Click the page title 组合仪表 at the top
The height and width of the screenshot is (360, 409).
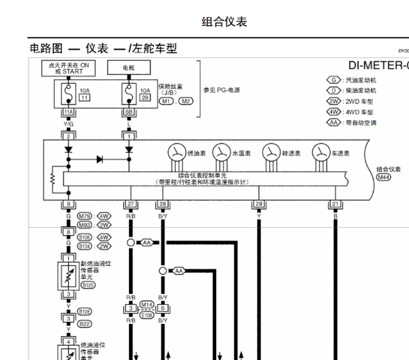(224, 22)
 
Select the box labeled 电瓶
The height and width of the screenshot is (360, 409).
(129, 68)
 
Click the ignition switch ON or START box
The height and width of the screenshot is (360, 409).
(68, 67)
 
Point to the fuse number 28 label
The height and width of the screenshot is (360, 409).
(145, 98)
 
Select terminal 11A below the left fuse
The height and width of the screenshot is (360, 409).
(68, 112)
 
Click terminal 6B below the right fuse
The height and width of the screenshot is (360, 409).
(128, 112)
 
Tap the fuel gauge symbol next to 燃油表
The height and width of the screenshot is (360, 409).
(177, 152)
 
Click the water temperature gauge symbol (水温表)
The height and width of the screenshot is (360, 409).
(221, 152)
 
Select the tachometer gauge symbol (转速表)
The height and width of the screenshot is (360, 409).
(271, 152)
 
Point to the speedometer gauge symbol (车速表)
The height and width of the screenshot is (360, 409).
(321, 152)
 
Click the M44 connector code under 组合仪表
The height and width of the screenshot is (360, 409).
(384, 177)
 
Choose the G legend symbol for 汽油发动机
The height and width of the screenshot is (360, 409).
(333, 80)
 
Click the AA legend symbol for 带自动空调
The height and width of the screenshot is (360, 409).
(333, 123)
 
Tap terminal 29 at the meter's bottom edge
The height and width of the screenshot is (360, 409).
(259, 204)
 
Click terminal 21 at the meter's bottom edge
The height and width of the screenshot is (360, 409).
(335, 204)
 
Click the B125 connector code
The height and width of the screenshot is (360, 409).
(88, 286)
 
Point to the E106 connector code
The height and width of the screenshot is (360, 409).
(147, 315)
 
